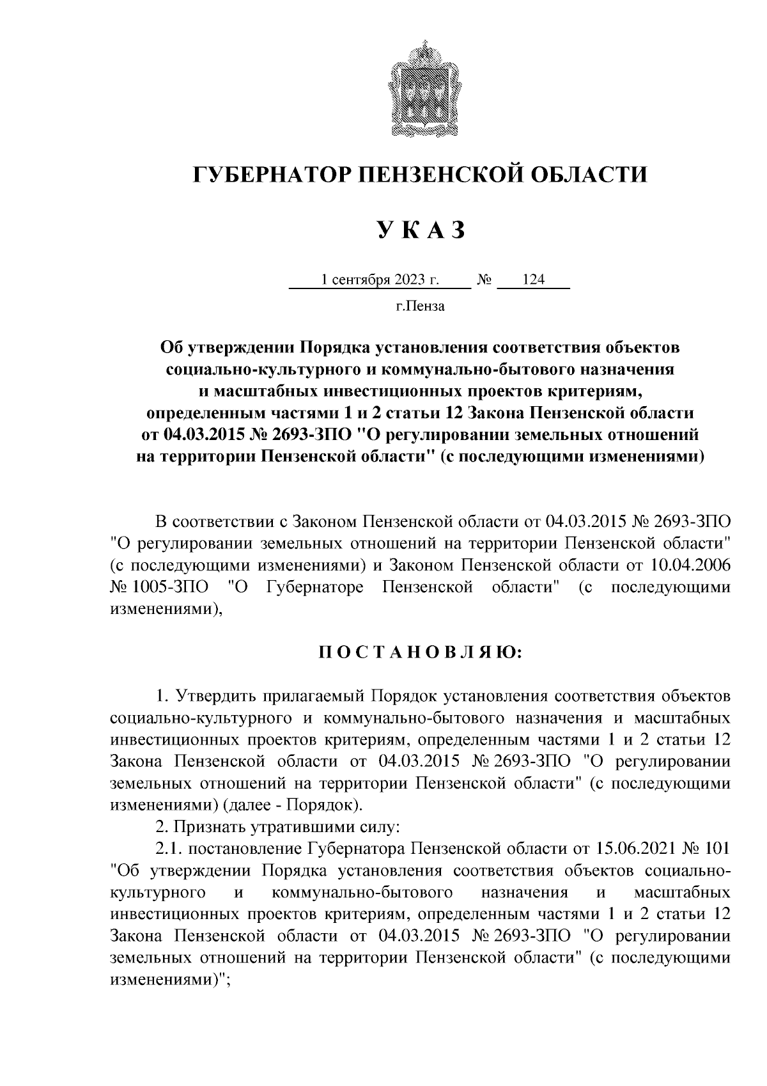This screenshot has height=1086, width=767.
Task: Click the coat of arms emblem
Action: click(421, 87)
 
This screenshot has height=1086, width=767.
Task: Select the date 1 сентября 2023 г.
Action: click(380, 280)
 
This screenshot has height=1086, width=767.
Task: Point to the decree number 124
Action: click(533, 280)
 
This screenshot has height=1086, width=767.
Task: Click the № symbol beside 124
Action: click(484, 280)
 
